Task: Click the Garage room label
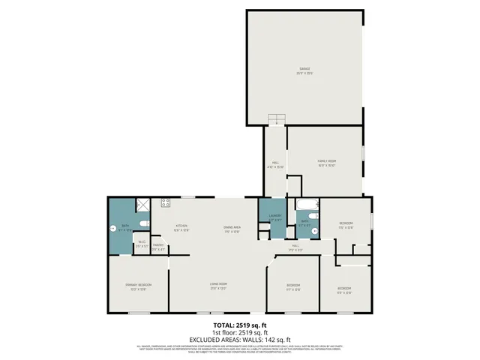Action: click(304, 70)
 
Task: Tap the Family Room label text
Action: click(325, 163)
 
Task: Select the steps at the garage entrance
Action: click(277, 120)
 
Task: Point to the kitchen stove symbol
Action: click(165, 202)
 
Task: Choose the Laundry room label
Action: click(274, 218)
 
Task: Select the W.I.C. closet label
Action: click(142, 243)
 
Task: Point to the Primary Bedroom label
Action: click(139, 286)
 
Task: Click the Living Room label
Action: click(218, 284)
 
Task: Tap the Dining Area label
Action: click(232, 227)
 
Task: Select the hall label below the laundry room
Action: click(295, 247)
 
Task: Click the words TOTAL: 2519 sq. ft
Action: click(239, 324)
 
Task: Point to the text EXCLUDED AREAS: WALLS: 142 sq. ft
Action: click(239, 340)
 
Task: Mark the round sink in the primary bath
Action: click(114, 227)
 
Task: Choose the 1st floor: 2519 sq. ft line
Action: click(239, 332)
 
